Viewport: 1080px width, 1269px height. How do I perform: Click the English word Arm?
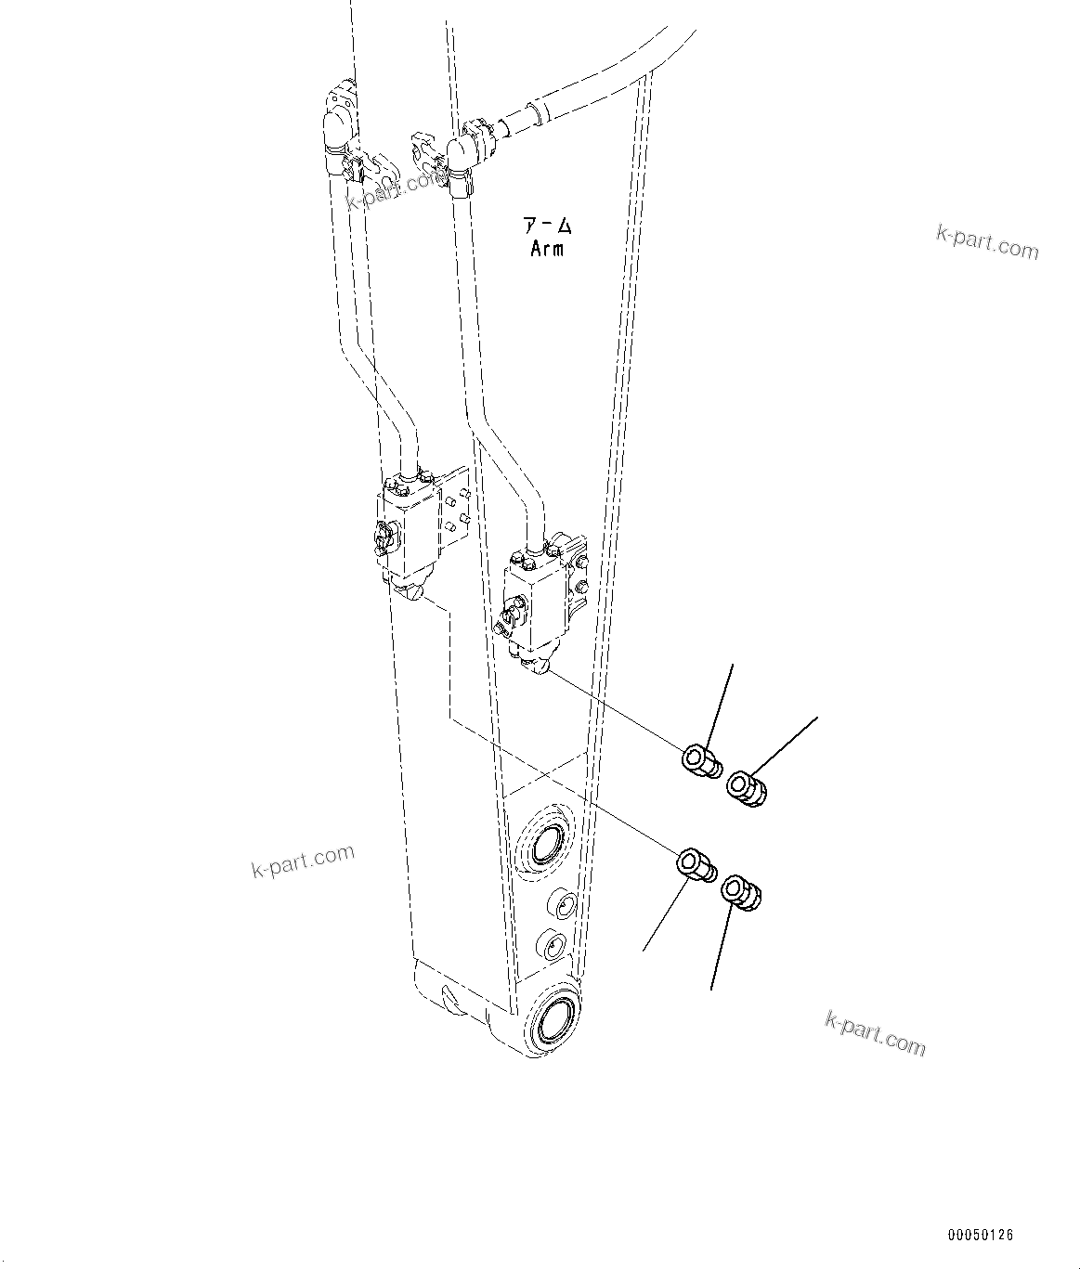pyautogui.click(x=547, y=249)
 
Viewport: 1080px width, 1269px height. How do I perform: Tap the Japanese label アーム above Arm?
pyautogui.click(x=547, y=227)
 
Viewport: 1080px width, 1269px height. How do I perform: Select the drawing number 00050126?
pyautogui.click(x=981, y=1236)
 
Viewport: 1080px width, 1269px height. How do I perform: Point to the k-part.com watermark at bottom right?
pyautogui.click(x=875, y=1033)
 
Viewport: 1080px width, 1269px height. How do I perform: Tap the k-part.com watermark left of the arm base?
pyautogui.click(x=303, y=861)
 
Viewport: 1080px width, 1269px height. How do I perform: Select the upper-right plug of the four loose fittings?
pyautogui.click(x=747, y=788)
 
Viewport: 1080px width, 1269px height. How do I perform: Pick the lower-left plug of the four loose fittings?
pyautogui.click(x=695, y=864)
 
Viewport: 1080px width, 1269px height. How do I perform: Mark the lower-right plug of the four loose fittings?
pyautogui.click(x=741, y=892)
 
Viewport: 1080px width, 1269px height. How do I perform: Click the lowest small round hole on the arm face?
pyautogui.click(x=552, y=946)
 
